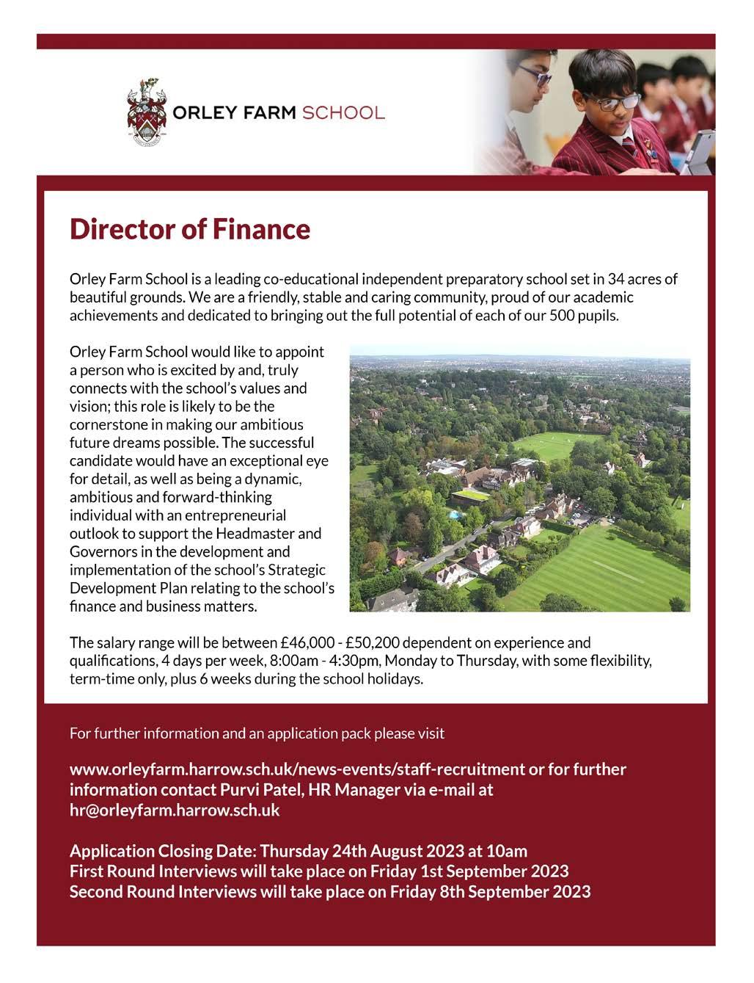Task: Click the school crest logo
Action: [146, 113]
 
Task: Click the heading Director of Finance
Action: [190, 230]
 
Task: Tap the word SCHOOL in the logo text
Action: [343, 113]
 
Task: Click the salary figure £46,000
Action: [307, 643]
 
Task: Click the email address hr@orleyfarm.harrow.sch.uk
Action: [175, 810]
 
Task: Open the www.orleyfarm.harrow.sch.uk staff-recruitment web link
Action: [296, 769]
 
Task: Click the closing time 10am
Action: [508, 852]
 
